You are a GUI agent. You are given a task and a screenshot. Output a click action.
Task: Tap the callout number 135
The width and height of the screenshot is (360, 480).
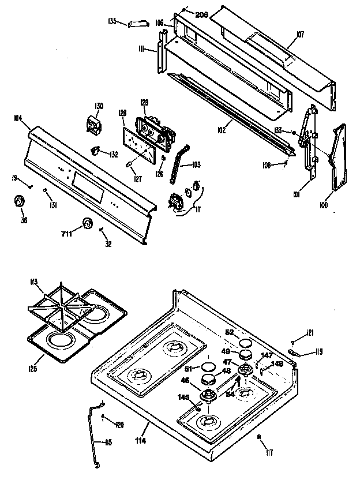pyautogui.click(x=112, y=21)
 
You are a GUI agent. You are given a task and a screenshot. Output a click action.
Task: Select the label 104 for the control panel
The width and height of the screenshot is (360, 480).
pyautogui.click(x=17, y=118)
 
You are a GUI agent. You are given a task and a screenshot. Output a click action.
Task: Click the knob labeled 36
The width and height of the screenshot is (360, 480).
pyautogui.click(x=20, y=201)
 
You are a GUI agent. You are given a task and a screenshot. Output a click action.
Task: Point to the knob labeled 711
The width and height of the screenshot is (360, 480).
pyautogui.click(x=87, y=224)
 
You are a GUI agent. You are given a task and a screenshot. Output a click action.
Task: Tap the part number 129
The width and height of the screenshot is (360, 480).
pyautogui.click(x=144, y=103)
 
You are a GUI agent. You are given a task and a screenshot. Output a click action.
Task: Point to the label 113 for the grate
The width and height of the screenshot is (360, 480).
pyautogui.click(x=33, y=282)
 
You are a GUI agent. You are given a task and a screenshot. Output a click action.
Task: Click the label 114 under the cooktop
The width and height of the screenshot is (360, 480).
pyautogui.click(x=141, y=441)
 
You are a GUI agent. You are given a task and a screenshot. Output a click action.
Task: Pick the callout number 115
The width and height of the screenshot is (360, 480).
pyautogui.click(x=108, y=443)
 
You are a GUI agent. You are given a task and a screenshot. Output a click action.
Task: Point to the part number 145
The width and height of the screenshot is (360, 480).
pyautogui.click(x=183, y=397)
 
